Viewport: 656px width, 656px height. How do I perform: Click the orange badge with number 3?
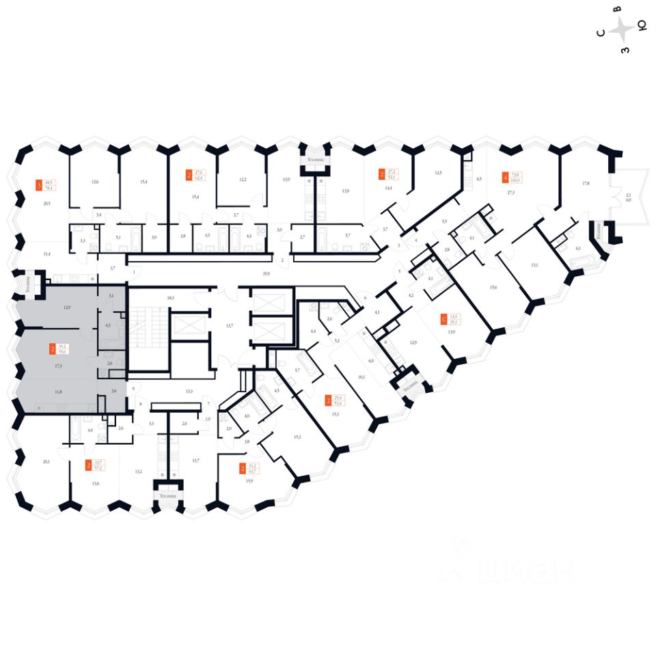38,184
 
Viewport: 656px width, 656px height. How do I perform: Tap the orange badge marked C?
445,318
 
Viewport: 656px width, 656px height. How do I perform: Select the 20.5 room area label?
46,204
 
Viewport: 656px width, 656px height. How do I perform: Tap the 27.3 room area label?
511,193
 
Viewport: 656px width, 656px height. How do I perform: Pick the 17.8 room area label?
586,182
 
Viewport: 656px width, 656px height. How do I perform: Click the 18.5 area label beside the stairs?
170,299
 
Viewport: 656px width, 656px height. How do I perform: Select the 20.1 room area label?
46,461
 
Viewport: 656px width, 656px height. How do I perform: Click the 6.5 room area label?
479,179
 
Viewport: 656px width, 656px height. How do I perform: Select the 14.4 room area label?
388,187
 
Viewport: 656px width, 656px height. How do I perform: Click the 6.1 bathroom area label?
578,249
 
